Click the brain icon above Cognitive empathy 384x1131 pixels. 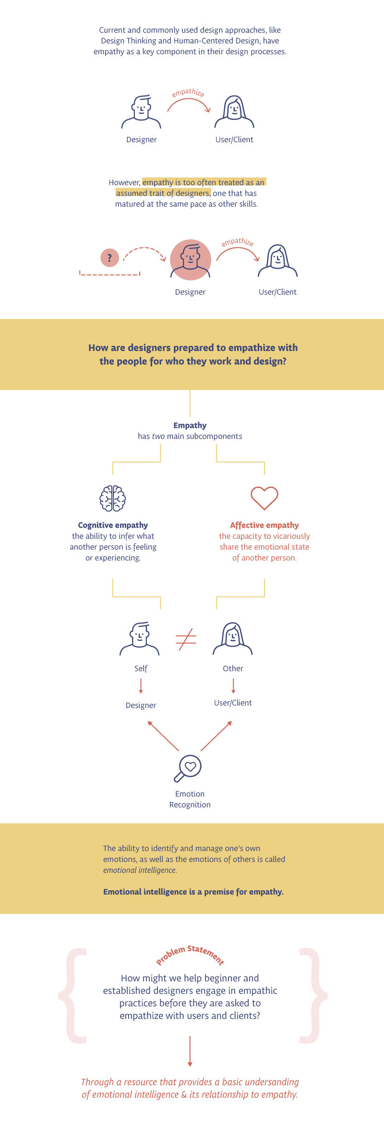point(113,498)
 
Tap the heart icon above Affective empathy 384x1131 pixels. point(264,497)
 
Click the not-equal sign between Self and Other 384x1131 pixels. point(186,639)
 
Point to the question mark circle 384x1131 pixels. point(109,258)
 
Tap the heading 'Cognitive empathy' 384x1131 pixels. point(113,525)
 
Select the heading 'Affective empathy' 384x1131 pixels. point(264,525)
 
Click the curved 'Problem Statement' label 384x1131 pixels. point(190,954)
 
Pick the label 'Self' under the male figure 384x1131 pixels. point(141,669)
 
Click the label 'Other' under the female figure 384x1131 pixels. point(233,669)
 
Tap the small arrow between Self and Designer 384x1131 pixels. point(141,686)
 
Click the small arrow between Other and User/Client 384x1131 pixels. point(233,686)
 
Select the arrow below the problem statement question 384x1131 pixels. point(190,1051)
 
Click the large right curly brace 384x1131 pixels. point(312,995)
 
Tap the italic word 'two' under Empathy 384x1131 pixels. point(158,436)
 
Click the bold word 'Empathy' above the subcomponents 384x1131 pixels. point(190,425)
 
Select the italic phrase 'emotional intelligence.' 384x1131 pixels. point(140,870)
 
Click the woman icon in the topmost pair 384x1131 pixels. point(234,112)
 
